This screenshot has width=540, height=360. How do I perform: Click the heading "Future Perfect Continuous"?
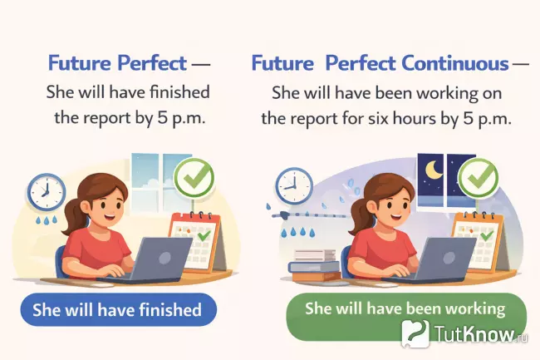[x=380, y=63]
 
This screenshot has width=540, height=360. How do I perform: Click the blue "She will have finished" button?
[x=116, y=311]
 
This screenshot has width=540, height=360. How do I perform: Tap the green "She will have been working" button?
[x=405, y=308]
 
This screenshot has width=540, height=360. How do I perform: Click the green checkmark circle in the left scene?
[x=194, y=177]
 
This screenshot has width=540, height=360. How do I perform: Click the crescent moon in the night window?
[x=434, y=170]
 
